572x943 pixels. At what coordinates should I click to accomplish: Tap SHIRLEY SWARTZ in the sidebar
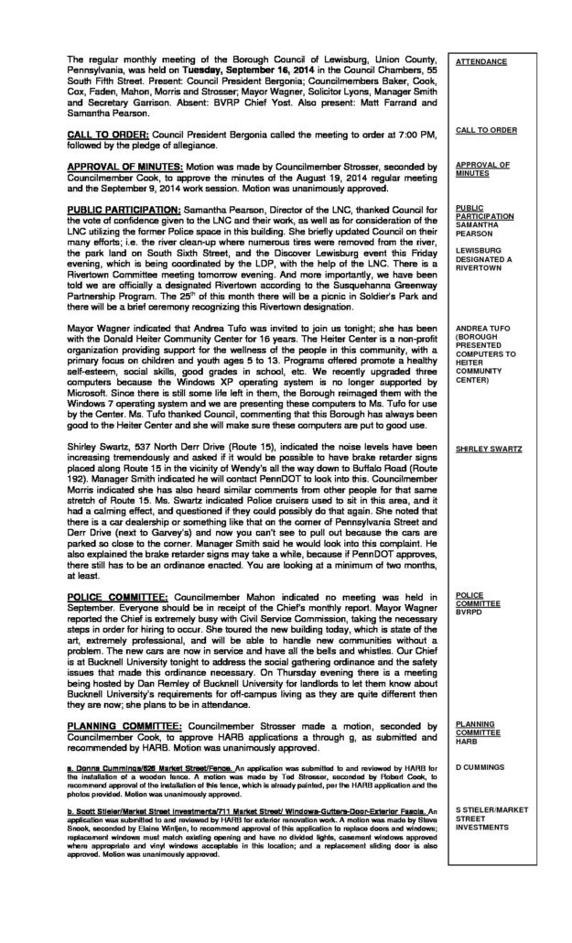pos(489,450)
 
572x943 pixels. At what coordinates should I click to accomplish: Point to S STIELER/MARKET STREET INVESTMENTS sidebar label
pos(491,835)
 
